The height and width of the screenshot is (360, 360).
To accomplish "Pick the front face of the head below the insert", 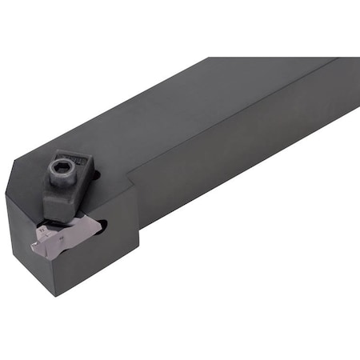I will (88, 256).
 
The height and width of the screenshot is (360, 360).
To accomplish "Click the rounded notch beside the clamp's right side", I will (94, 171).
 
